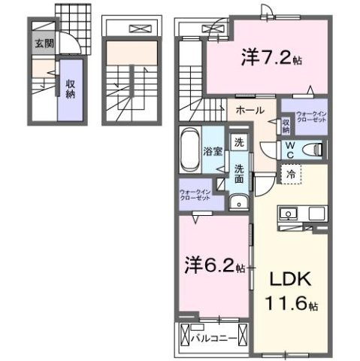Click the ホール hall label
(249, 110)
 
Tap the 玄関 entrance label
(42, 43)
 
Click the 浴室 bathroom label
(212, 151)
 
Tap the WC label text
(289, 149)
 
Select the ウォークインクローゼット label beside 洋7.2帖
(310, 116)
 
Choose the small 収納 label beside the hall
(286, 124)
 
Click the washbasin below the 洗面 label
(237, 201)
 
